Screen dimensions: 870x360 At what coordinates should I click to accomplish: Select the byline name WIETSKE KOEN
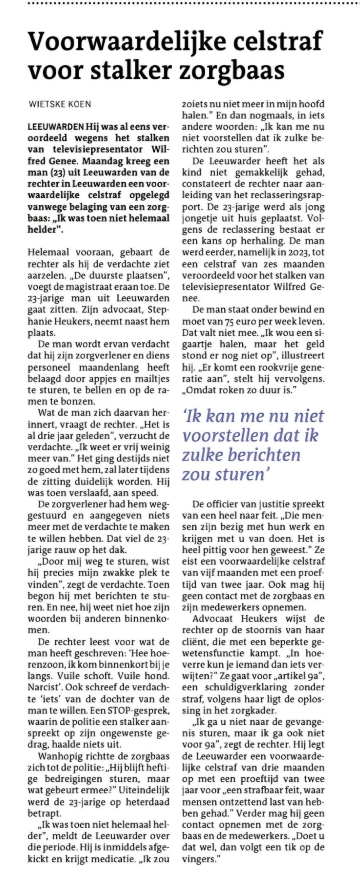tap(60, 104)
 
